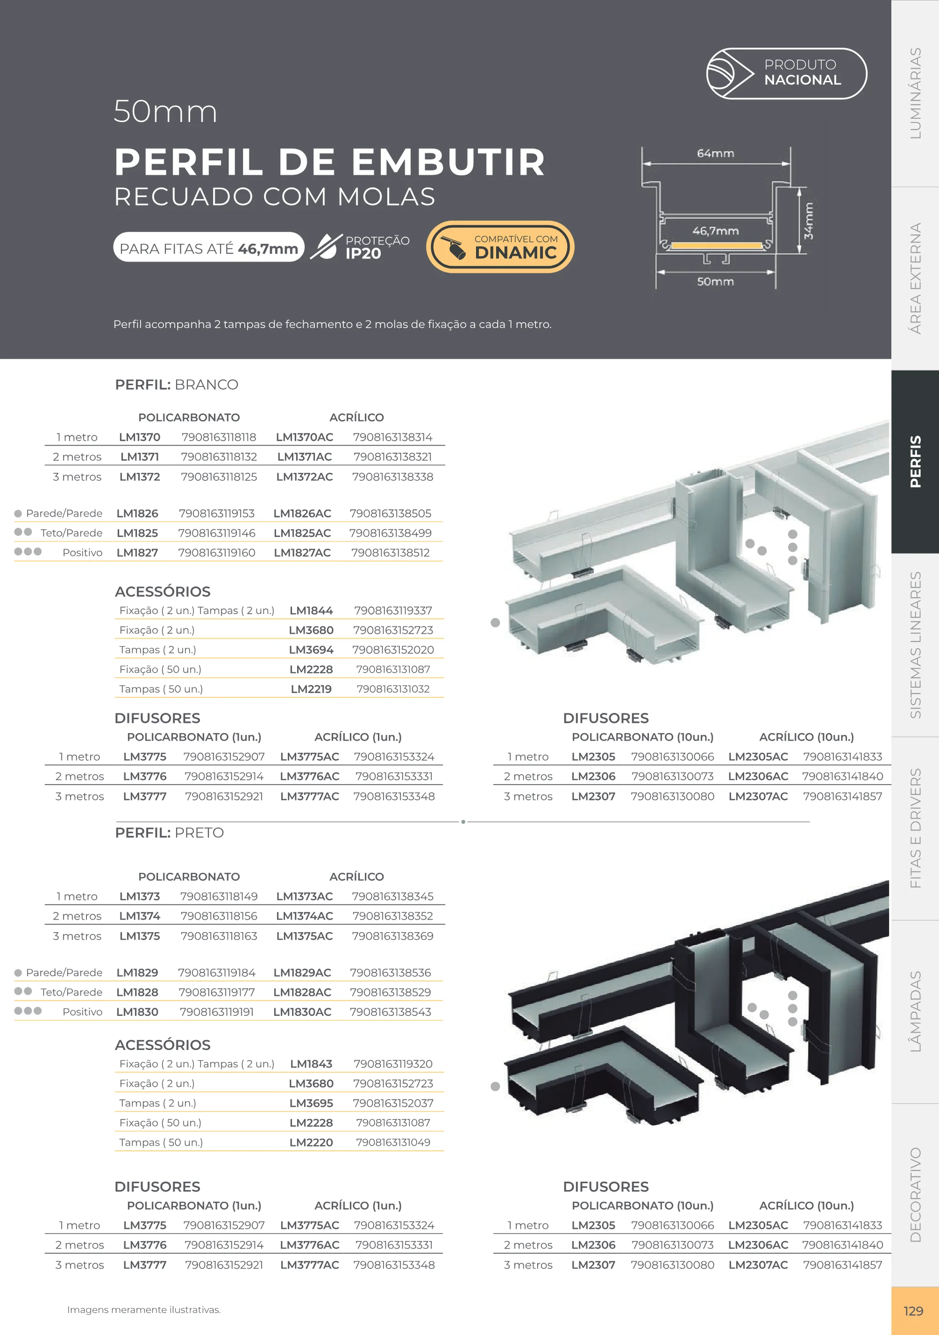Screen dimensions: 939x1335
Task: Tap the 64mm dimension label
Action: point(715,154)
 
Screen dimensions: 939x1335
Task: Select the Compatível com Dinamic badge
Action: point(500,247)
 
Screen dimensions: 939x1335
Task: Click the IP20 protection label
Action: point(363,254)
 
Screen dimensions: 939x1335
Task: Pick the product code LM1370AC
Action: point(304,437)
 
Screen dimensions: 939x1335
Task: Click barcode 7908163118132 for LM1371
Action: point(219,457)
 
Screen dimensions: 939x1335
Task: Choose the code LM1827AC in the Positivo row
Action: point(302,553)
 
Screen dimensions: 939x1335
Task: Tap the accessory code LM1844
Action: point(311,610)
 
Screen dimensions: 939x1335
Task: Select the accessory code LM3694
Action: point(311,650)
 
